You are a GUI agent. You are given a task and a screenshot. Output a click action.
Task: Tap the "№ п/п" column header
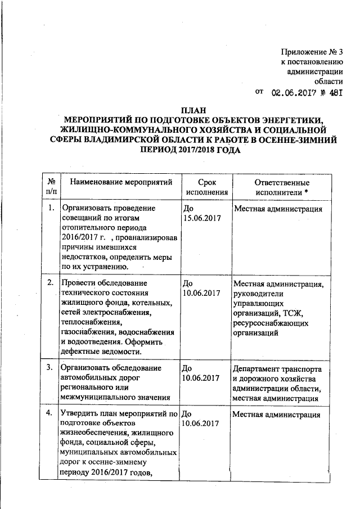point(51,187)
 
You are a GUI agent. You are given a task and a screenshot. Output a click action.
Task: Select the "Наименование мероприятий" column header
point(118,183)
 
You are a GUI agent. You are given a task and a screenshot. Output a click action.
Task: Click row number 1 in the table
point(51,209)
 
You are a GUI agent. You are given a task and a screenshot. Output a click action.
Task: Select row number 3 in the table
point(51,368)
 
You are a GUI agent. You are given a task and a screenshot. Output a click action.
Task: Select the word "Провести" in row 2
point(78,282)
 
